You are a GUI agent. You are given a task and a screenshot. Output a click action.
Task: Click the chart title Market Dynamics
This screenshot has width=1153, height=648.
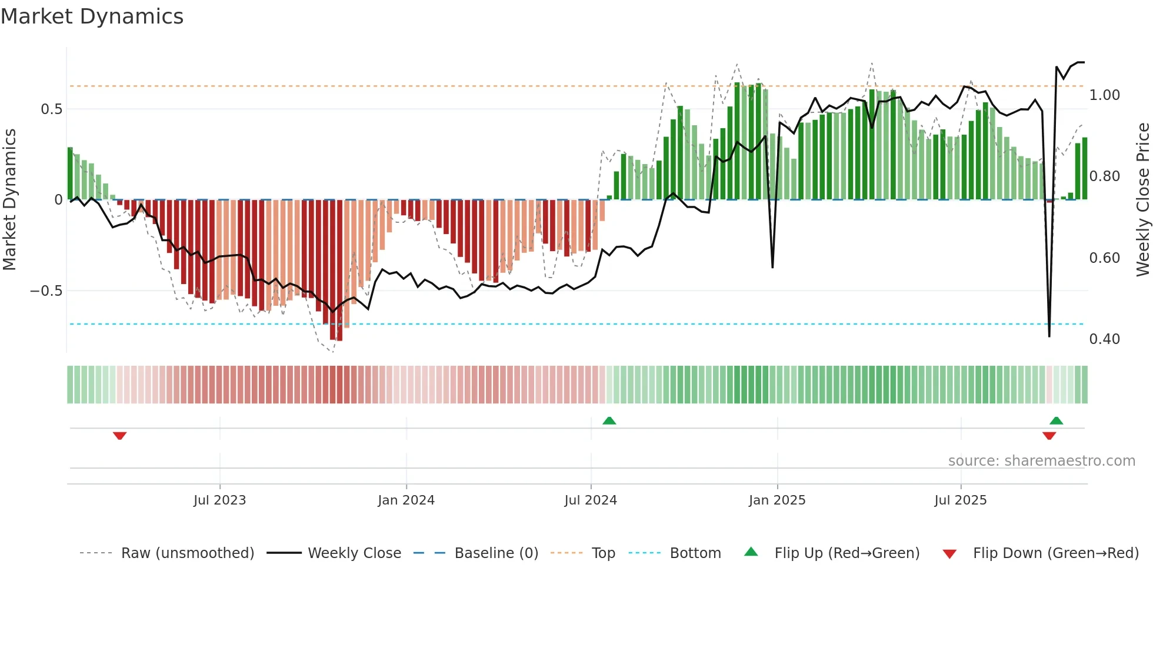(92, 16)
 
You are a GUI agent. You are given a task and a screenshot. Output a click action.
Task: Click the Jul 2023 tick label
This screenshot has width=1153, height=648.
(219, 500)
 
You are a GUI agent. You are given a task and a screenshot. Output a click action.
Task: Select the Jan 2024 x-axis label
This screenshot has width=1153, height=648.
(406, 500)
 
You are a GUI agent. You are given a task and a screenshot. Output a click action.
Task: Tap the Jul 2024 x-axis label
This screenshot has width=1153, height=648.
(591, 500)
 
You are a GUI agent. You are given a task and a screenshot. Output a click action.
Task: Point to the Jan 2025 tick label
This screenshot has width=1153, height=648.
(777, 500)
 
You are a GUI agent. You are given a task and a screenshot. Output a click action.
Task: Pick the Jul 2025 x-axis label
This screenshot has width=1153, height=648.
(961, 500)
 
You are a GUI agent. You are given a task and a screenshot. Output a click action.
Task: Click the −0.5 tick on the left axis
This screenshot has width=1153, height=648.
(46, 291)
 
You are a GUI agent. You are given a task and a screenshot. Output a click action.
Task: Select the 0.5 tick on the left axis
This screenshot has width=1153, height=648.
(51, 109)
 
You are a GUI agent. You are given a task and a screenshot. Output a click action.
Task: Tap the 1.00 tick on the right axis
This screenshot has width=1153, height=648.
(1105, 95)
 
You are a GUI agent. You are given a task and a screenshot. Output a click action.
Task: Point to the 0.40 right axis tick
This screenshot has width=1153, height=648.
(1105, 339)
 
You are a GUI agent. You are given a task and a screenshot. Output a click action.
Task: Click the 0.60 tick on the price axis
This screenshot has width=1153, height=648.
(1105, 258)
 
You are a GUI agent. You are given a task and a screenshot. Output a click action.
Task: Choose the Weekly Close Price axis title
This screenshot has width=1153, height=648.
(1142, 199)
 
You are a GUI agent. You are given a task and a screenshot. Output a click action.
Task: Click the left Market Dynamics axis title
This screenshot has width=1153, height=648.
(9, 199)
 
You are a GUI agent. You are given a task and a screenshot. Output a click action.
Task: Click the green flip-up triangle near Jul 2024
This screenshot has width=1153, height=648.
(609, 420)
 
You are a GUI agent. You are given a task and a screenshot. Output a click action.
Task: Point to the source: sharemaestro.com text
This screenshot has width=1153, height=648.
(1041, 461)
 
